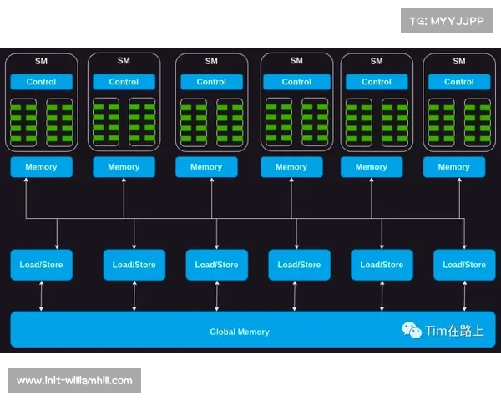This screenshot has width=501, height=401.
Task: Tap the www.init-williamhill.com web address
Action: (75, 381)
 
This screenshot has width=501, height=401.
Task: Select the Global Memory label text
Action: (240, 332)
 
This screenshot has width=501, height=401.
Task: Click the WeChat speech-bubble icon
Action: (412, 330)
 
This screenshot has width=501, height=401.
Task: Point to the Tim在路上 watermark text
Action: (454, 331)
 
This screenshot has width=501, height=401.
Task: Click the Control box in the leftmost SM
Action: (41, 82)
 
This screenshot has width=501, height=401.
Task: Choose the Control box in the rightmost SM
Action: (459, 82)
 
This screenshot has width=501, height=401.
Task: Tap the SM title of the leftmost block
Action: (41, 61)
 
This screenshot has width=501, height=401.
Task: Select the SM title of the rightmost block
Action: (459, 61)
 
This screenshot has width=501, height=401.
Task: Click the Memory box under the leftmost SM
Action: (41, 167)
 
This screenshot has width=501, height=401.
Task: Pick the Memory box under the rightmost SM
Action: (453, 167)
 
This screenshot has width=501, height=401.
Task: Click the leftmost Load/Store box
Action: (41, 265)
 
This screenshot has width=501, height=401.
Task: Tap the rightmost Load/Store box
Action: (464, 265)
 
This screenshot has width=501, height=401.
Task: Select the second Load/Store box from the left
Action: (134, 265)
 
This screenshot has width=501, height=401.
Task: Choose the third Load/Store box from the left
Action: (216, 265)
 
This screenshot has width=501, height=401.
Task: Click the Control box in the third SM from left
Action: (211, 82)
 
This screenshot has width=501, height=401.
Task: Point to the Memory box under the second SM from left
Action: (124, 167)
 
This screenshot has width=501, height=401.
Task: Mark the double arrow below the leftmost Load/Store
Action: (41, 296)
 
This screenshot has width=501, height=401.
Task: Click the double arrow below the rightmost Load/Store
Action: (464, 296)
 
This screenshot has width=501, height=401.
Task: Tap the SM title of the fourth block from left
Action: (296, 61)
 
